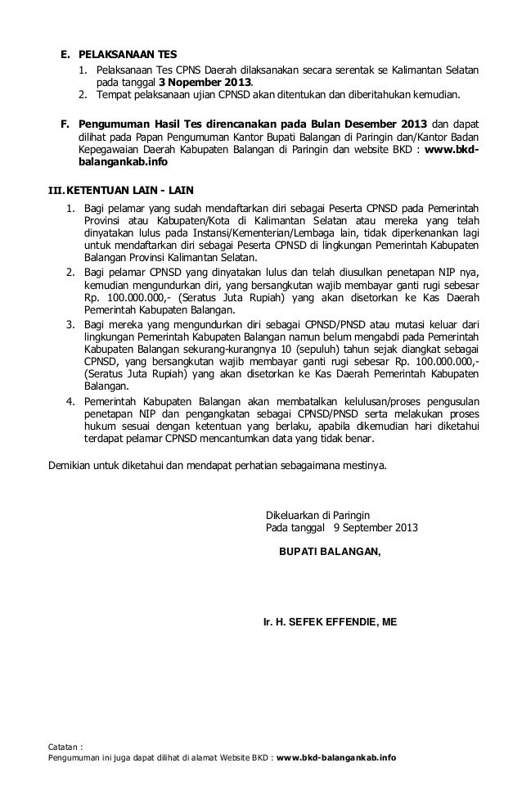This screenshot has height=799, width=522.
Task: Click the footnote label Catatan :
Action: (x=67, y=746)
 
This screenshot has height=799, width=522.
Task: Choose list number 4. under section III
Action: (x=71, y=400)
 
